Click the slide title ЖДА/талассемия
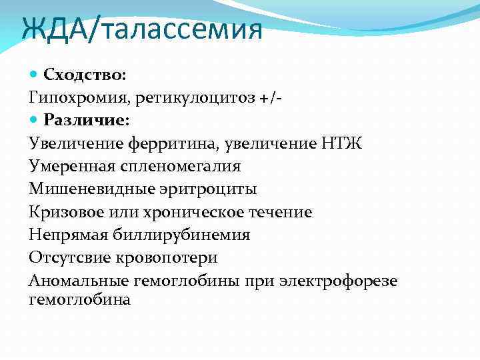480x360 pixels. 141,30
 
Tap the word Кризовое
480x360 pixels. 63,212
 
